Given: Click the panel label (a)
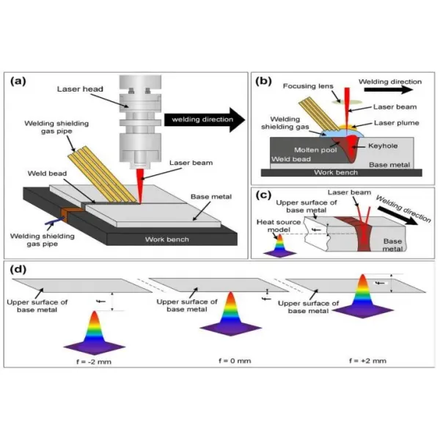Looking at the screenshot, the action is pyautogui.click(x=18, y=81).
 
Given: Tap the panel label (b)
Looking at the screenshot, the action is pyautogui.click(x=263, y=81).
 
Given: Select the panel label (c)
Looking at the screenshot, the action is pyautogui.click(x=263, y=195).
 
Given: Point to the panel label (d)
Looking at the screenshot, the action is pyautogui.click(x=18, y=269).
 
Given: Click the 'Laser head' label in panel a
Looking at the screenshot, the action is pyautogui.click(x=80, y=89).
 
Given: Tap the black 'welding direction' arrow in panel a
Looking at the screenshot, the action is pyautogui.click(x=205, y=120).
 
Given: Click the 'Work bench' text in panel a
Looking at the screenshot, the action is pyautogui.click(x=167, y=239).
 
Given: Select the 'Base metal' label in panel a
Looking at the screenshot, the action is pyautogui.click(x=211, y=197).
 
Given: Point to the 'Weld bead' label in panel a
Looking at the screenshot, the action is pyautogui.click(x=47, y=173).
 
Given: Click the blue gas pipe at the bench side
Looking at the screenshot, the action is pyautogui.click(x=54, y=221).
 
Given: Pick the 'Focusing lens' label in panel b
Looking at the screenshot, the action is pyautogui.click(x=308, y=86).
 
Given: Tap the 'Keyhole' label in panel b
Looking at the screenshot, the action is pyautogui.click(x=383, y=146).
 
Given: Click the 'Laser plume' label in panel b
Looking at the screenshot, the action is pyautogui.click(x=396, y=123).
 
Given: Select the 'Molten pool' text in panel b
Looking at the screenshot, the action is pyautogui.click(x=315, y=150).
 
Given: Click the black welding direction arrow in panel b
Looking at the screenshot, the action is pyautogui.click(x=389, y=89).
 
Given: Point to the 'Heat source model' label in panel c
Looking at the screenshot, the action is pyautogui.click(x=279, y=226).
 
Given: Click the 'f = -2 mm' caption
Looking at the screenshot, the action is pyautogui.click(x=94, y=362).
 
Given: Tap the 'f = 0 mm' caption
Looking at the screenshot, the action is pyautogui.click(x=235, y=361).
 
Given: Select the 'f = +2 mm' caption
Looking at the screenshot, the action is pyautogui.click(x=367, y=361).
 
